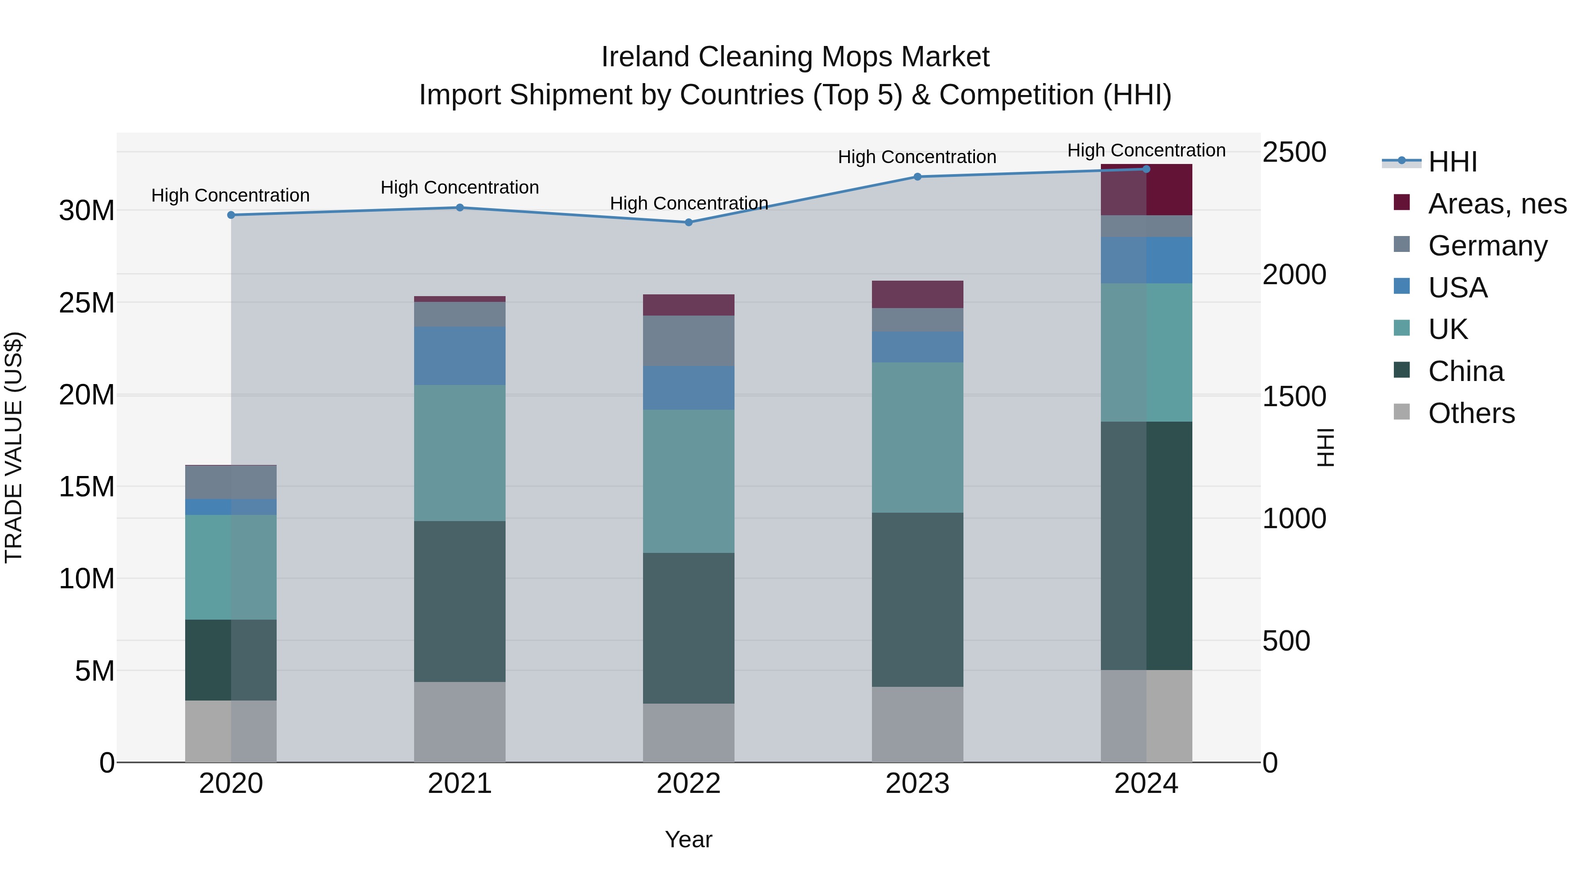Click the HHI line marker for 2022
tap(689, 222)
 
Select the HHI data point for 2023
tap(917, 177)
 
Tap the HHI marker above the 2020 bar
tap(231, 215)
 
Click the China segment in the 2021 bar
tap(460, 601)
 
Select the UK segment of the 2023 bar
tap(917, 437)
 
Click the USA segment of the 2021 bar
tap(460, 356)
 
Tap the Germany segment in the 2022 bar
tap(689, 340)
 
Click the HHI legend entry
tap(1451, 162)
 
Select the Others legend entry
tap(1470, 413)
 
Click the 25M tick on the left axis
tap(87, 303)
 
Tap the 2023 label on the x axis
tap(917, 784)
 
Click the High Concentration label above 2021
tap(460, 187)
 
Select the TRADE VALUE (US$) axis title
tap(14, 447)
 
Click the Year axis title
tap(688, 839)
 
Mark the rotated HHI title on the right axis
tap(1325, 447)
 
